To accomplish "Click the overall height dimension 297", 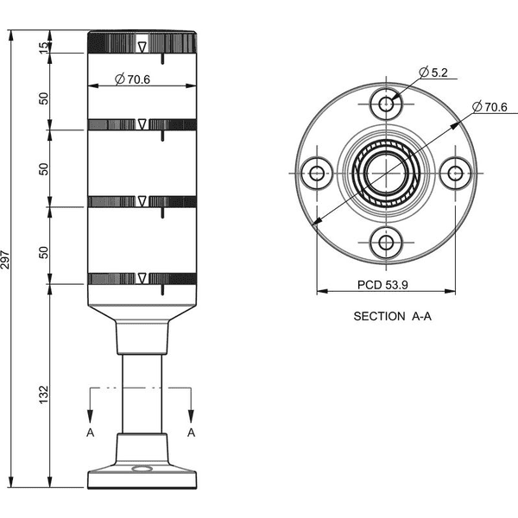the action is tap(5, 259).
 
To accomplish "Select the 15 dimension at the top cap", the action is tap(44, 48).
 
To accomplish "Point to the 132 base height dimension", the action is tap(44, 395).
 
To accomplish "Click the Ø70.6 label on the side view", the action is tap(132, 79).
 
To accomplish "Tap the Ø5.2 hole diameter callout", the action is tap(433, 72).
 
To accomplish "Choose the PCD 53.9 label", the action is tap(382, 285).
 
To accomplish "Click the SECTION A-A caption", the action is tap(393, 316).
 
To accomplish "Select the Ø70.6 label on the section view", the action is tap(490, 107).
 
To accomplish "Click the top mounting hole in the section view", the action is tap(386, 104).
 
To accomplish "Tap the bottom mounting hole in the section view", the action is tap(386, 243).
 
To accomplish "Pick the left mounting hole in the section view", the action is tap(317, 174).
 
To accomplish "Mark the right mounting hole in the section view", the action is tap(456, 174).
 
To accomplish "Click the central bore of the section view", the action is tap(386, 174).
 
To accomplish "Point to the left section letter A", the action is tap(90, 433).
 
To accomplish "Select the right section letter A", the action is tap(191, 433).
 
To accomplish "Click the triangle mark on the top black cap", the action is tap(142, 47).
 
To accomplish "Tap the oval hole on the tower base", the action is tap(142, 469).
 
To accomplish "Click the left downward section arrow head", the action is tap(90, 415).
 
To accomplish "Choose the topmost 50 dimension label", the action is tap(44, 98).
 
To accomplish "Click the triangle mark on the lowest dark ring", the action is tap(142, 278).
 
